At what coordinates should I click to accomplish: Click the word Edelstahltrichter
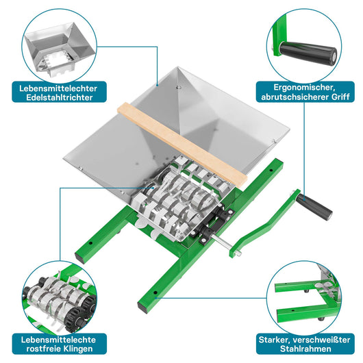point(60,97)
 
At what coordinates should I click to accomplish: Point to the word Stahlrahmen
point(305,349)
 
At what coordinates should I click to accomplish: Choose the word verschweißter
point(321,340)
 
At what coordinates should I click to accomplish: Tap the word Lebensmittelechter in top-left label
point(58,88)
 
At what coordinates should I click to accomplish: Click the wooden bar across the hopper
point(182,145)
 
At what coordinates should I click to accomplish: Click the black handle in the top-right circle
point(308,53)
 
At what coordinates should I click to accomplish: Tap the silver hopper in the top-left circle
point(60,49)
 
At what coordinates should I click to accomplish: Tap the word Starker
point(274,340)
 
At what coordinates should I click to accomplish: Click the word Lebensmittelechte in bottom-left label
point(58,340)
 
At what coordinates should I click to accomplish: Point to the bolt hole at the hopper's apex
point(178,88)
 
